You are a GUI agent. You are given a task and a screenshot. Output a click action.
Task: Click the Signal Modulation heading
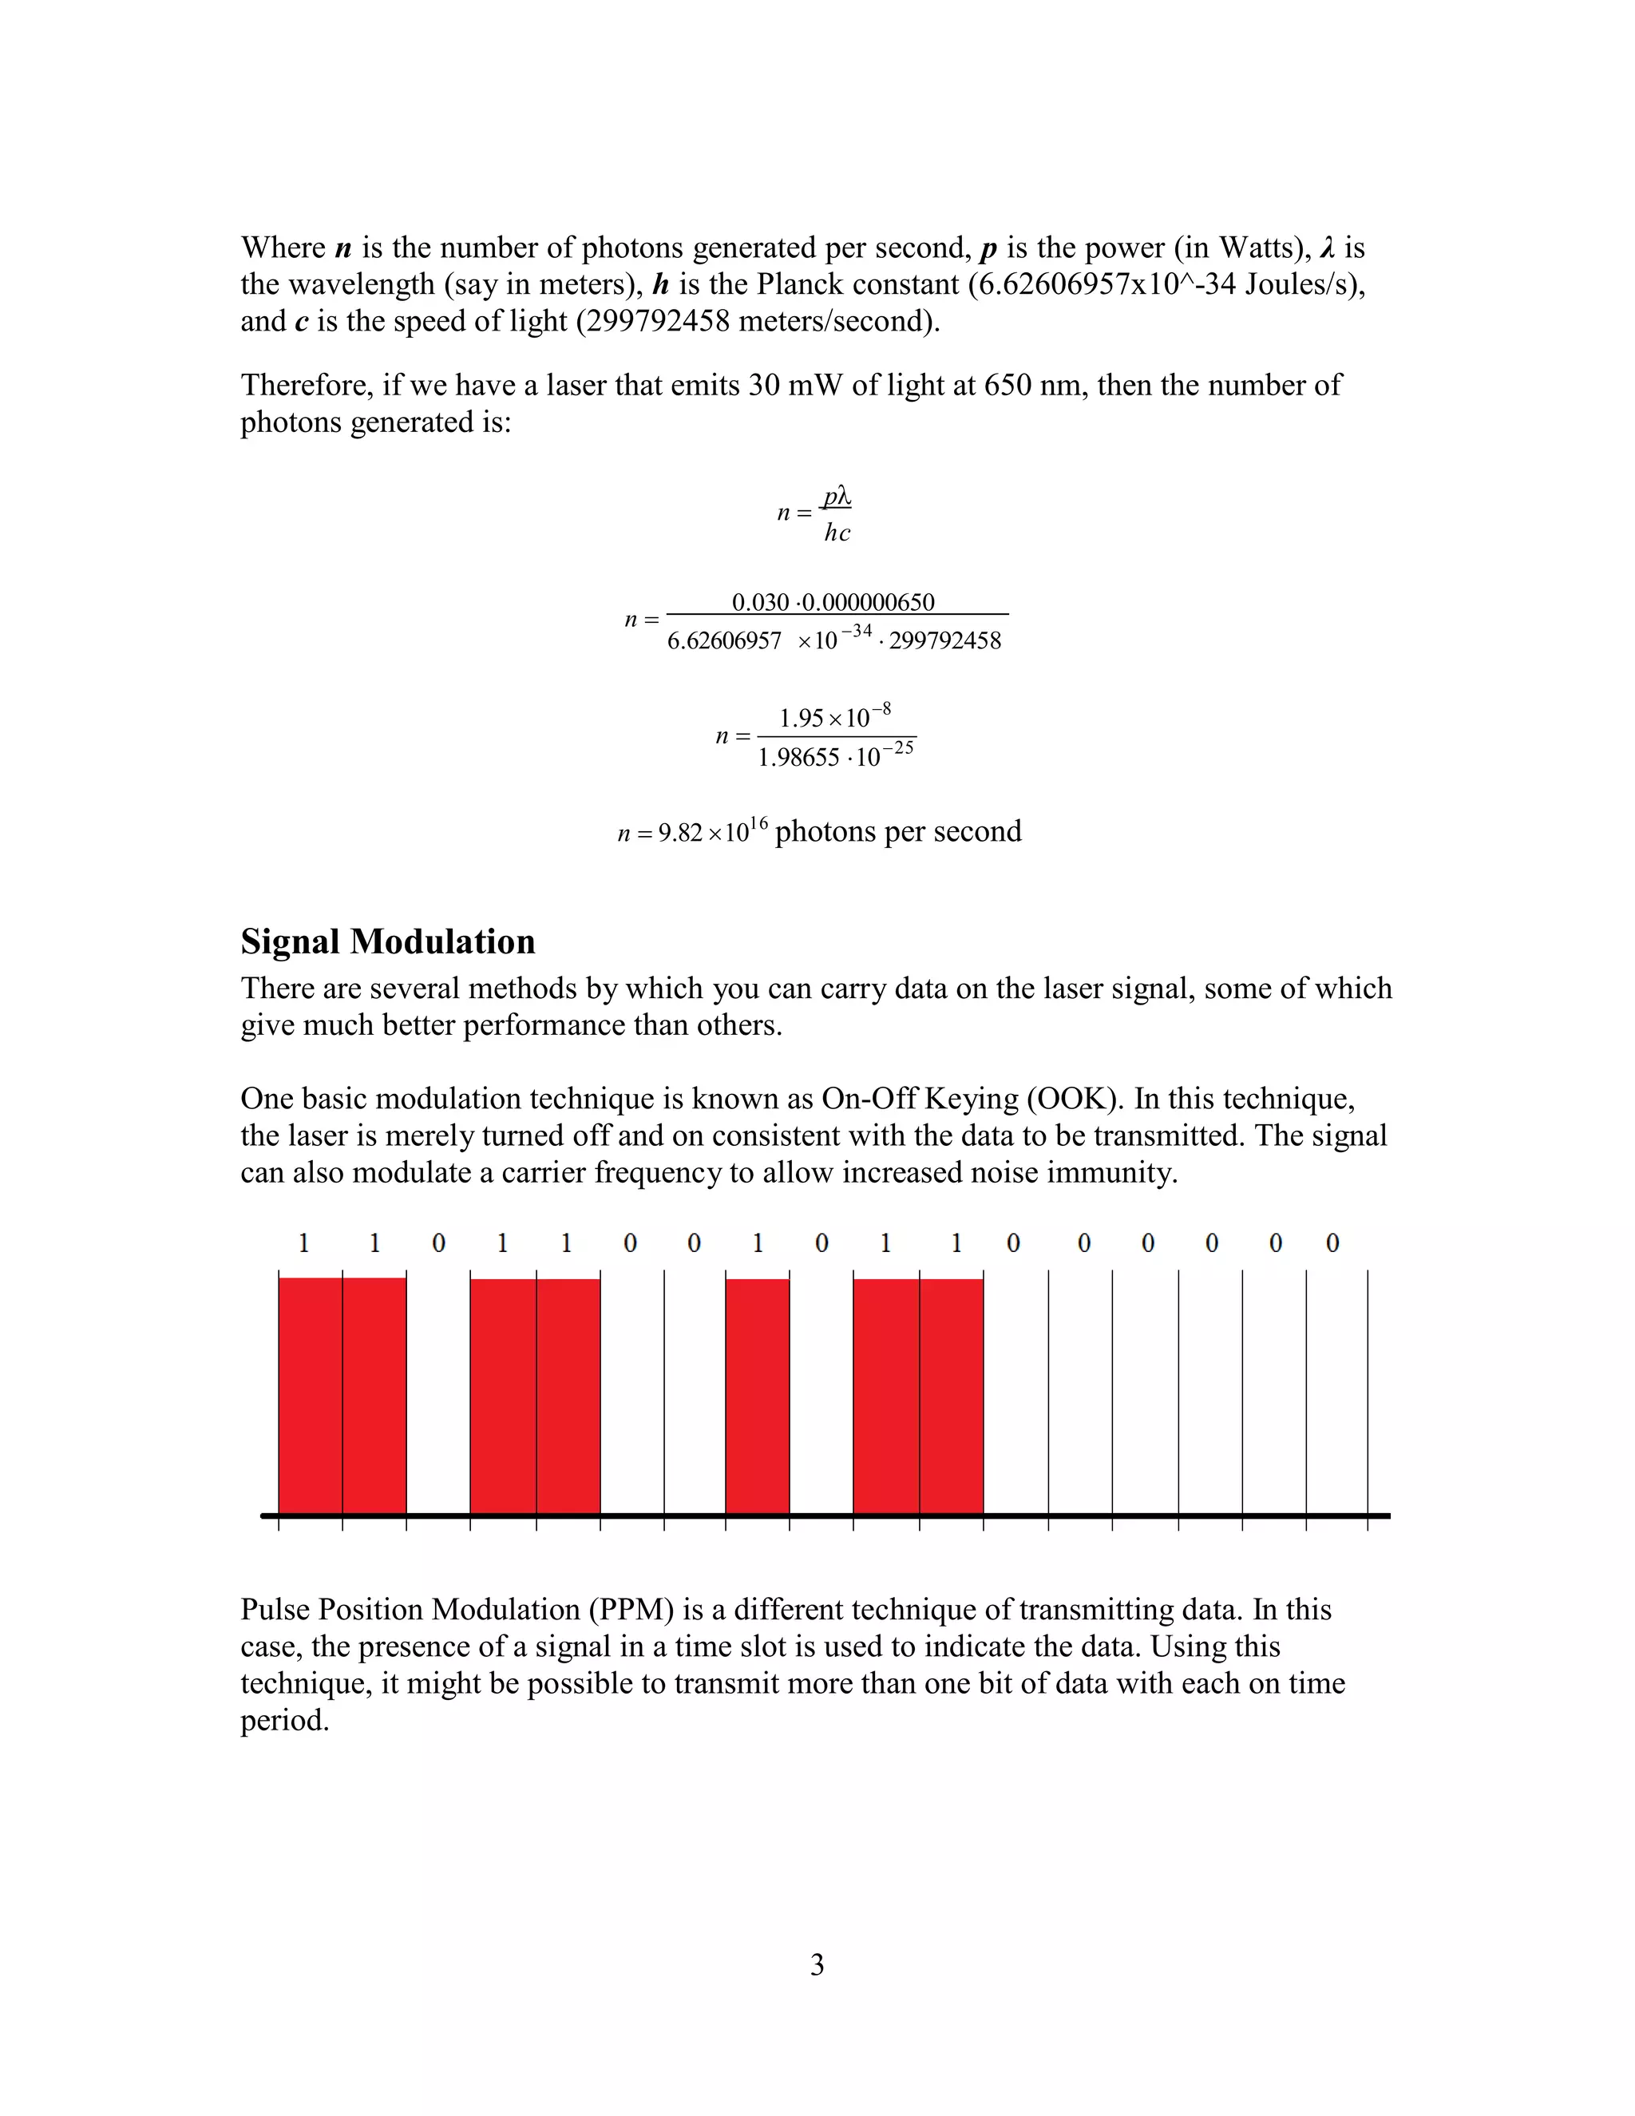point(387,941)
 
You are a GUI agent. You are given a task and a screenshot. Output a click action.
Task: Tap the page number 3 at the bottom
point(817,1964)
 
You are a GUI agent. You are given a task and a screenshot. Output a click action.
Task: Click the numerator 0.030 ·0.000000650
point(833,603)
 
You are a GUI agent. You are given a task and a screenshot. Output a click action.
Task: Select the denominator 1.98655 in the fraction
point(798,758)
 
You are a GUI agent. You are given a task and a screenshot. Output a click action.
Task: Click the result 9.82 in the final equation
point(680,833)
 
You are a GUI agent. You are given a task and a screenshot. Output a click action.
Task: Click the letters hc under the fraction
point(837,533)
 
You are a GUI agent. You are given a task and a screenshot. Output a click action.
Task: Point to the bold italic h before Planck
point(662,285)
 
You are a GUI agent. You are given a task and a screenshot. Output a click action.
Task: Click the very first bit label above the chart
point(303,1243)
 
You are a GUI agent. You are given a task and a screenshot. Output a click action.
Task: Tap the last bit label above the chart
point(1332,1243)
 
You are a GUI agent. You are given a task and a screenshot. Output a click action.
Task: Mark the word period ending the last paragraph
point(283,1721)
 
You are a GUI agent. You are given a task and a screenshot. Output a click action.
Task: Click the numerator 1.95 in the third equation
point(801,719)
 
